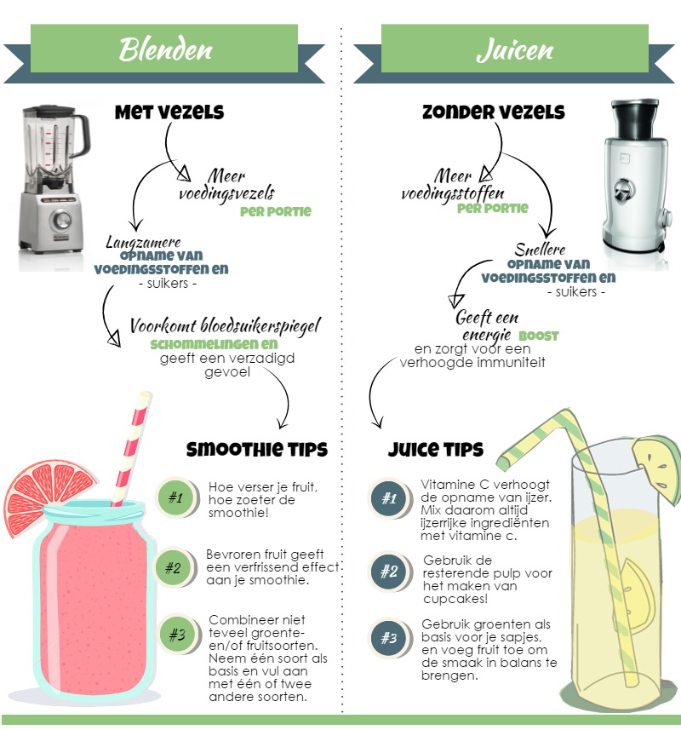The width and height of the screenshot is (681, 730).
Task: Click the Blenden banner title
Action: point(165,49)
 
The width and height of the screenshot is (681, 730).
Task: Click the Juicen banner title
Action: point(515,49)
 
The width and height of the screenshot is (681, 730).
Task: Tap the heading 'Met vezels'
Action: point(169,112)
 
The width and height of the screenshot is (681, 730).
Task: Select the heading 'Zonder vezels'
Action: point(494,112)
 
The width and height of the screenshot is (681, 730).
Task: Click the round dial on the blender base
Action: point(61,219)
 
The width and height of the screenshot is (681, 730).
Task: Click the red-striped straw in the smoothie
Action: point(132,449)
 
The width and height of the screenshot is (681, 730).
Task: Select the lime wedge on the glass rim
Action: point(658,468)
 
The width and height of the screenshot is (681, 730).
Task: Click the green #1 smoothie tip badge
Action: point(175,497)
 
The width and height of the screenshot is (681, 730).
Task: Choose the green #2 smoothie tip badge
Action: point(173,568)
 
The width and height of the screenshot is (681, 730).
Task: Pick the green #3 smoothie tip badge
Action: point(177,634)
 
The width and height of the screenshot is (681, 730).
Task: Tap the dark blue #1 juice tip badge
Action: point(389,498)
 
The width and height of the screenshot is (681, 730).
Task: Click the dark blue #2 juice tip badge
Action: point(389,572)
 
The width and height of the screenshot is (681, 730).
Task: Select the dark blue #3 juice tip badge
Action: point(389,638)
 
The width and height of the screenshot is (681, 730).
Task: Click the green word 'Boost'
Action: point(538,336)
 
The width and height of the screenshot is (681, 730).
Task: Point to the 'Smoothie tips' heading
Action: point(257,449)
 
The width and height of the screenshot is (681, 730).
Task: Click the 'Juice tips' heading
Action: point(436,449)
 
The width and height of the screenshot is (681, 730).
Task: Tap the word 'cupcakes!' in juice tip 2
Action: point(455,599)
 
